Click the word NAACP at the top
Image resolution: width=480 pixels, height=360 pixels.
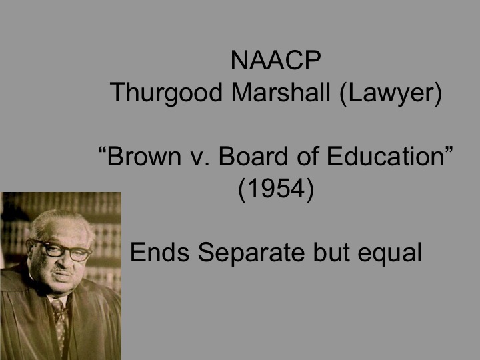click(276, 61)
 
